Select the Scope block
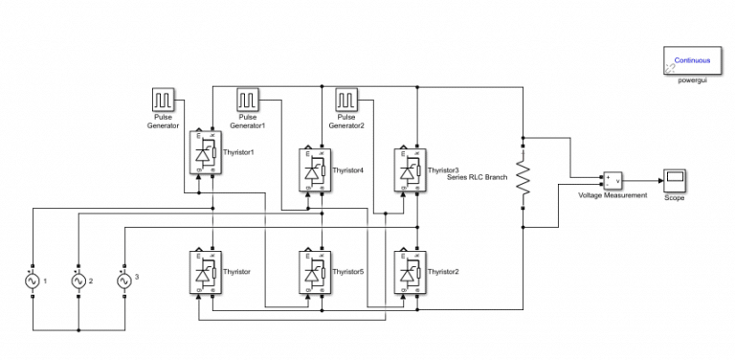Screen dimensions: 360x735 coord(676,179)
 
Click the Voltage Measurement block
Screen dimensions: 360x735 coord(612,180)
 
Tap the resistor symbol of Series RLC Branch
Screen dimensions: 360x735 coord(523,178)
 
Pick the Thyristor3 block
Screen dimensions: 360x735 coord(410,169)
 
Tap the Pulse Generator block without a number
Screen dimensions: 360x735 coord(162,100)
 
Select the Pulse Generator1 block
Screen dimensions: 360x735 coord(249,100)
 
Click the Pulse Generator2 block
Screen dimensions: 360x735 coord(346,100)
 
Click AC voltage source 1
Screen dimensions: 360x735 coord(33,281)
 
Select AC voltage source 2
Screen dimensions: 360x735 coord(78,281)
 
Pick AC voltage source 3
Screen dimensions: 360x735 coord(123,281)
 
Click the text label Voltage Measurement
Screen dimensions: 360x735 coord(612,195)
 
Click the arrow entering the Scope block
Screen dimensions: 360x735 coord(659,179)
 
